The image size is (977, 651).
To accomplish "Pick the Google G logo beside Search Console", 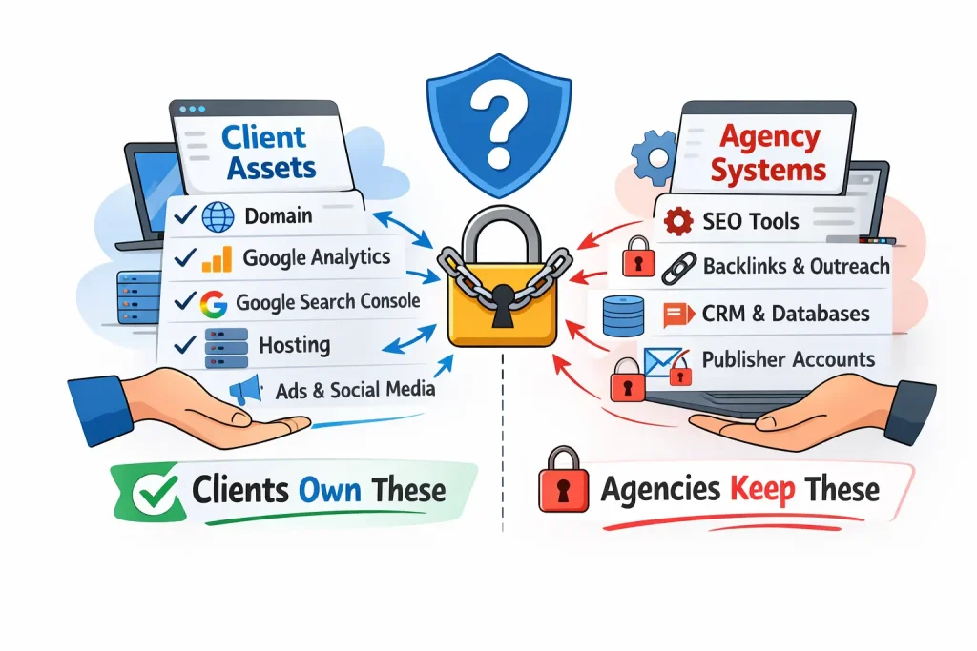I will (214, 303).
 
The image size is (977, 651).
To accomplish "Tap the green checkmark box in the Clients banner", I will (151, 491).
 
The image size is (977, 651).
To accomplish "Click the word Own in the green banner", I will (329, 490).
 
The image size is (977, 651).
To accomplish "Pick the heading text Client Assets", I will (268, 153).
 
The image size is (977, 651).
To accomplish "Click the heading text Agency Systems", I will (769, 153).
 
